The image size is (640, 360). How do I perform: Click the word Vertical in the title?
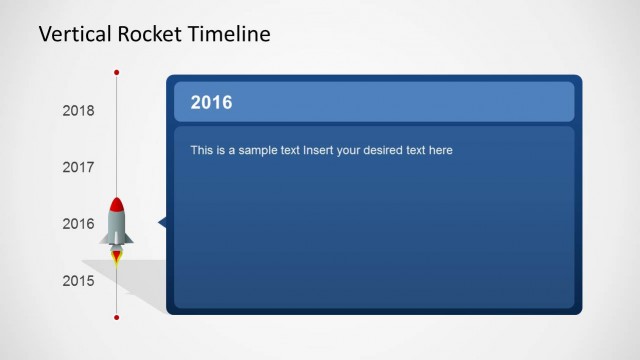pos(72,34)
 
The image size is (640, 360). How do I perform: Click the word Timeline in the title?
pos(232,34)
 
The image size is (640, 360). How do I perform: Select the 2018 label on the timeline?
pos(78,111)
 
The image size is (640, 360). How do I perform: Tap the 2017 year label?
pos(78,167)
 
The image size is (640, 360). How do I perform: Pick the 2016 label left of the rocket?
pos(78,224)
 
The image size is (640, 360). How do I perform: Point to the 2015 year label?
pos(78,281)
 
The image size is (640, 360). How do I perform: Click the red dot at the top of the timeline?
pos(117,73)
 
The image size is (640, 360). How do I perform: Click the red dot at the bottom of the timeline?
pos(117,317)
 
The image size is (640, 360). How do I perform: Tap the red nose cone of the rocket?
pos(117,205)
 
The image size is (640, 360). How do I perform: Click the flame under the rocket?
pos(117,257)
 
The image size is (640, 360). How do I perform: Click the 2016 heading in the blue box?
pos(211,102)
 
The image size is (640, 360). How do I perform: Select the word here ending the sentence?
pos(441,151)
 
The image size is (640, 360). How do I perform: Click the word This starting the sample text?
pos(200,151)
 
